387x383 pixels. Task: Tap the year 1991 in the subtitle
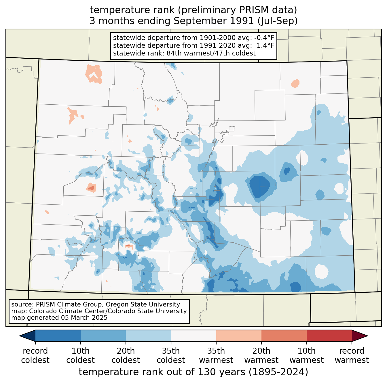242,21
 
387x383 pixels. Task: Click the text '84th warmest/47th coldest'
211,53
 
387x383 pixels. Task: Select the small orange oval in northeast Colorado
295,83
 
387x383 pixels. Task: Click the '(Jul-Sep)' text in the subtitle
277,21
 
